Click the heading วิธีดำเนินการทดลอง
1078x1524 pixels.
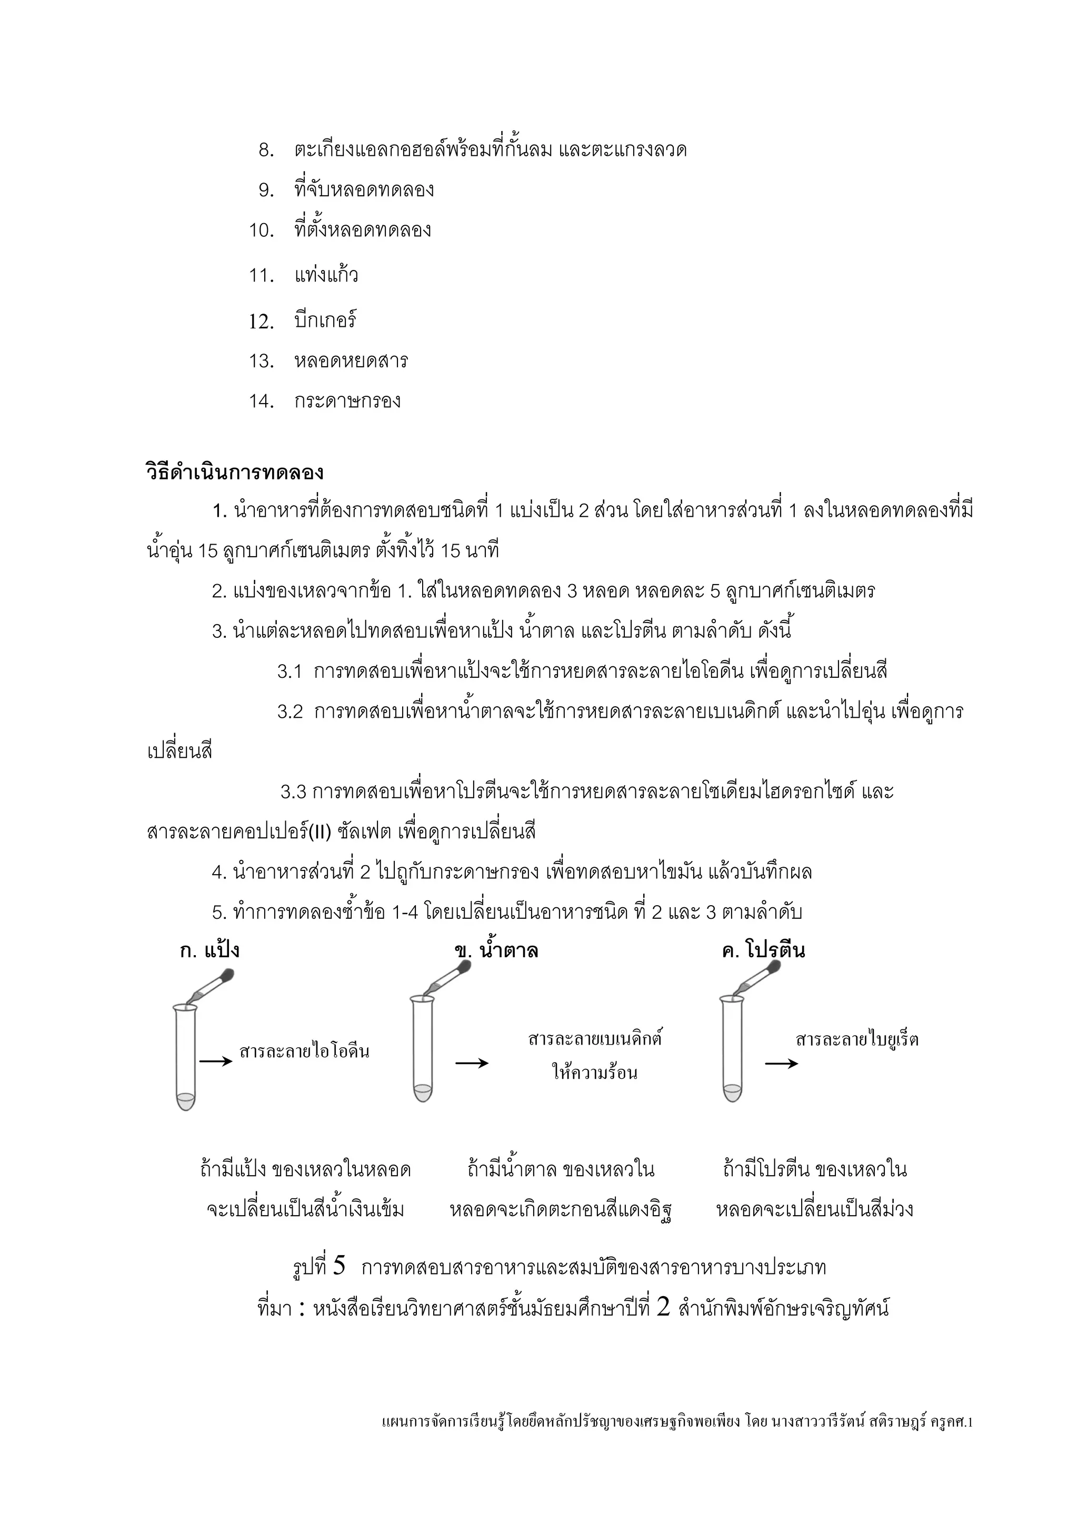click(x=234, y=473)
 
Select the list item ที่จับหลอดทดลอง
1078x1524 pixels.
click(x=364, y=190)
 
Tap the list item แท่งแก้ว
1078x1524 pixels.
click(x=326, y=275)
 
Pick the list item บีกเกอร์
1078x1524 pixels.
click(x=325, y=320)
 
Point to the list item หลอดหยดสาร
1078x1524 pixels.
click(x=351, y=361)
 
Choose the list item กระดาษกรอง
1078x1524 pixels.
click(x=347, y=401)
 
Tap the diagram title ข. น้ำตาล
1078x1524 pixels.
click(x=496, y=950)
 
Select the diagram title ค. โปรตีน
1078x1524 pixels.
click(x=763, y=950)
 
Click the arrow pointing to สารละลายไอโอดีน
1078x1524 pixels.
click(x=216, y=1061)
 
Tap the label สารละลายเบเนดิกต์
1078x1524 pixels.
click(x=595, y=1039)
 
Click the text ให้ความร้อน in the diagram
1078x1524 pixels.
click(x=594, y=1072)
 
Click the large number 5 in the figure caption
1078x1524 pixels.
click(x=338, y=1265)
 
